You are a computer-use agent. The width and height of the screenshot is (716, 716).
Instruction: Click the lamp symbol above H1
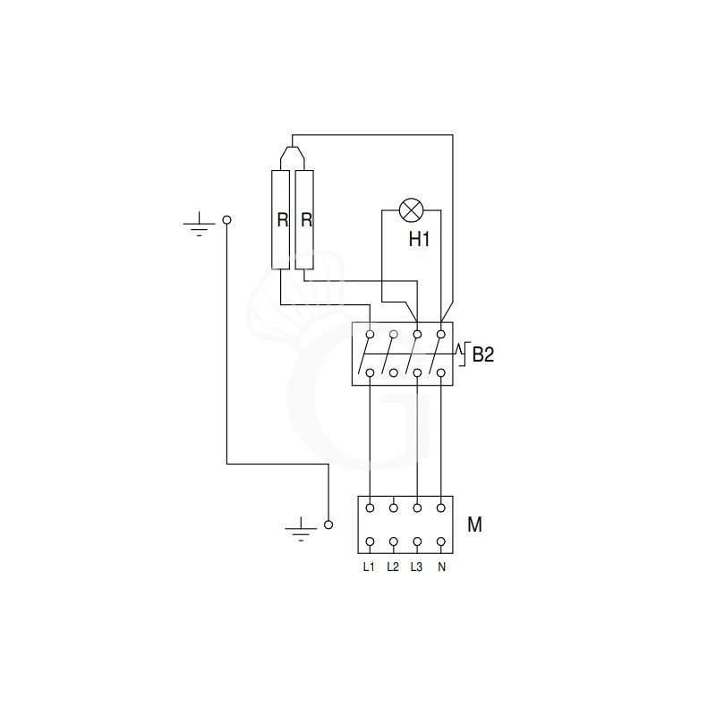pos(412,211)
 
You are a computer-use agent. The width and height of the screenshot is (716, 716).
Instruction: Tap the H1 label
pos(420,240)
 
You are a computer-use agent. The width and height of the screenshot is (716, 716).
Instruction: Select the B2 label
pos(482,355)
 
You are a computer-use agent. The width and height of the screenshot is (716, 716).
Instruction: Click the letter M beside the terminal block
pos(474,524)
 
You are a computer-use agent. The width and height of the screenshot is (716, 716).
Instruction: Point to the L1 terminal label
pos(369,567)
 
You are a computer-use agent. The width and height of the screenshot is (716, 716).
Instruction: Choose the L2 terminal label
pos(393,567)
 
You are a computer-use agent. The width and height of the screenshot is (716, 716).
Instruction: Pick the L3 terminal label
pos(417,567)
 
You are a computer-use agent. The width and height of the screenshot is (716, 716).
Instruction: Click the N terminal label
pos(441,567)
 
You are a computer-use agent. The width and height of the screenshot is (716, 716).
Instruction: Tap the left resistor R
pos(282,219)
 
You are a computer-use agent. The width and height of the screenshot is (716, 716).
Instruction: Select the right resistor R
pos(306,219)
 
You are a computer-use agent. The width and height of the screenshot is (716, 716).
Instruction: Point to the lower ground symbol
pos(301,528)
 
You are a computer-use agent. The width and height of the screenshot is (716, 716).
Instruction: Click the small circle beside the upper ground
pos(226,219)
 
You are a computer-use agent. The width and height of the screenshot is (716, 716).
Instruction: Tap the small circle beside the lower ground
pos(328,525)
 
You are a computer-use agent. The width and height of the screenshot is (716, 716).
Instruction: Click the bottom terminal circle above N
pos(441,541)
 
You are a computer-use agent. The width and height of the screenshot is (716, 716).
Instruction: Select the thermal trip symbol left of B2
pos(462,353)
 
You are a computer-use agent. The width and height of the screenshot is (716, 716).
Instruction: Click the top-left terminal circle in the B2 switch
pos(370,334)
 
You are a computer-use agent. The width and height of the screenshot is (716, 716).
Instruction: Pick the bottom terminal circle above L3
pos(417,541)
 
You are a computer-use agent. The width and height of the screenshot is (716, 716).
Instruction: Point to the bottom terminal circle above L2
pos(394,541)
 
